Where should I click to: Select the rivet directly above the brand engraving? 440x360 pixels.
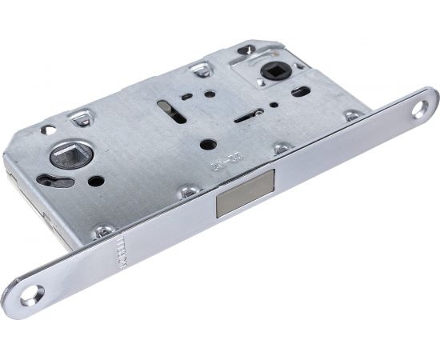pyautogui.click(x=104, y=230)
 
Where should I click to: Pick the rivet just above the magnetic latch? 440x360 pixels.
pyautogui.click(x=281, y=149)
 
